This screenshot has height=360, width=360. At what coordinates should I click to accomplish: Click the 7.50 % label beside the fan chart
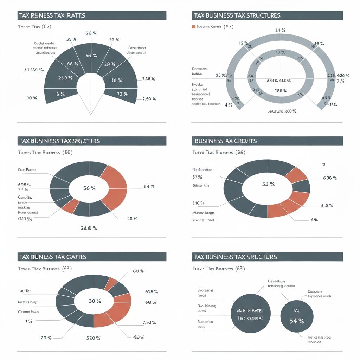click(149, 98)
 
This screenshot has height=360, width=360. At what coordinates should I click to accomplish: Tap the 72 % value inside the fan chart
click(122, 94)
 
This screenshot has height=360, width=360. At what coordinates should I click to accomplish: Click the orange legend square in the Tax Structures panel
click(193, 27)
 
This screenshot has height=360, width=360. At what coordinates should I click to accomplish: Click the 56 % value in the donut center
click(89, 188)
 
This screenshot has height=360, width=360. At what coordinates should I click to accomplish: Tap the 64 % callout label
click(149, 187)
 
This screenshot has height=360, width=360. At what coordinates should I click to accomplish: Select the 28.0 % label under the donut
click(89, 228)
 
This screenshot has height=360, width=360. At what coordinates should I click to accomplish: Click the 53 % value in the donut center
click(268, 184)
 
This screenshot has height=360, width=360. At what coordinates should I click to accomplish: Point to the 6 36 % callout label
click(330, 178)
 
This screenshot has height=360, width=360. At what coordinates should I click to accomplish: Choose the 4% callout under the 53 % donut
click(314, 220)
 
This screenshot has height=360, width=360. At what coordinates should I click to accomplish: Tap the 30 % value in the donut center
click(95, 301)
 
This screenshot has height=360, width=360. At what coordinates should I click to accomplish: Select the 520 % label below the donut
click(93, 338)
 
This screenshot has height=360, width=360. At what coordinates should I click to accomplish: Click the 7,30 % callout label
click(149, 323)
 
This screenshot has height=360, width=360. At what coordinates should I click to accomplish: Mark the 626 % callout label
click(152, 292)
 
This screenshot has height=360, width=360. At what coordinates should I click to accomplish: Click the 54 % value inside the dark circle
click(296, 321)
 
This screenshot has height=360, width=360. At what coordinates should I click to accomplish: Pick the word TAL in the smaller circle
click(296, 310)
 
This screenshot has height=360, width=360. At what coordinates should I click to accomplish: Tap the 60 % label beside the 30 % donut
click(150, 302)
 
